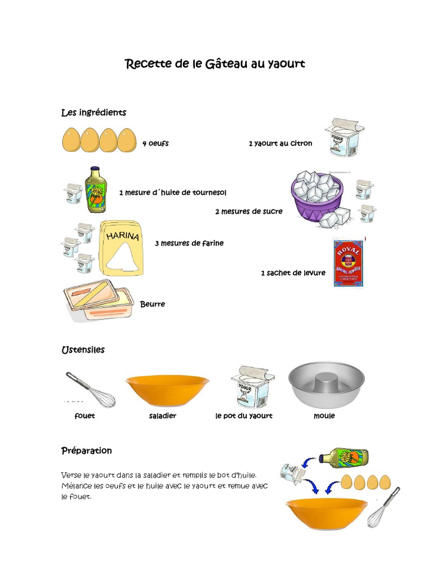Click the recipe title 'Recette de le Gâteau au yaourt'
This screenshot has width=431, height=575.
215,64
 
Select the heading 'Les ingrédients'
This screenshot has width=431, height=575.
94,113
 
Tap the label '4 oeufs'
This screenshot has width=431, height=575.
155,143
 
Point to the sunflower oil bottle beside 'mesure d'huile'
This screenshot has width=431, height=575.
95,190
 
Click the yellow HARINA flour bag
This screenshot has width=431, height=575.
121,248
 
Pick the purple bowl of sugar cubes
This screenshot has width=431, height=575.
318,197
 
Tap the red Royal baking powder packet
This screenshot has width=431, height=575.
348,262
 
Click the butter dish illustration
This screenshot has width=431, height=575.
99,301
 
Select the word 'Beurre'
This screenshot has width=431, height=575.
153,304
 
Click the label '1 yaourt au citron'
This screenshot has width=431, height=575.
280,143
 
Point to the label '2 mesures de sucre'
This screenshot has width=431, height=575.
249,212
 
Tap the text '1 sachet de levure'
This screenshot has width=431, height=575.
293,273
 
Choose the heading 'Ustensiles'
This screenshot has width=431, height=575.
83,350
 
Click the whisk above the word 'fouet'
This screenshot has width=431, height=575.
90,389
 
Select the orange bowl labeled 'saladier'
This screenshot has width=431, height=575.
167,389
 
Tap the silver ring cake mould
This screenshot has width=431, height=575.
326,384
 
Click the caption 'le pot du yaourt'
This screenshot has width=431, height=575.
244,416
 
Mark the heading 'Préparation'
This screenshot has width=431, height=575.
86,451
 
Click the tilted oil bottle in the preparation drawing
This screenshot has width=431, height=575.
344,456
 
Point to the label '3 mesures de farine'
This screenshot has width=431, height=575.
189,243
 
